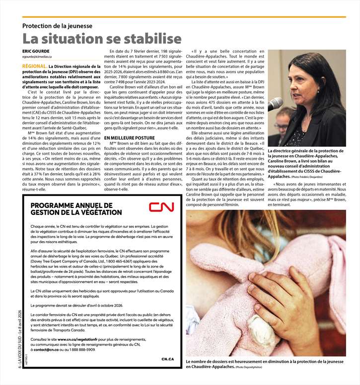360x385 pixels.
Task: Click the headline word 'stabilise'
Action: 144,39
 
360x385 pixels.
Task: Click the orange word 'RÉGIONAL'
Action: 34,66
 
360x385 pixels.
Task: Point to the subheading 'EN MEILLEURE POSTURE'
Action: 130,137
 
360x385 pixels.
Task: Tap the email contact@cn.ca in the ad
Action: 48,349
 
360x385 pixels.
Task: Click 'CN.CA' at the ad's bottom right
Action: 167,358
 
